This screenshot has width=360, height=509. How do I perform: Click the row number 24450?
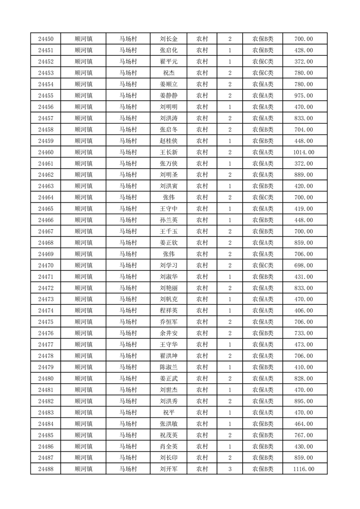pyautogui.click(x=46, y=39)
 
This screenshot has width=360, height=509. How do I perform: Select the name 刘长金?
pyautogui.click(x=169, y=39)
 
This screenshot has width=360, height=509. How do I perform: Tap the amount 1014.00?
pyautogui.click(x=304, y=152)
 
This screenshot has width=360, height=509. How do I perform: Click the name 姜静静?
pyautogui.click(x=169, y=96)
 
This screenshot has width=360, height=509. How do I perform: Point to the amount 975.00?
pyautogui.click(x=304, y=96)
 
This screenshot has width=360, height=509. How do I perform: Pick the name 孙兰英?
pyautogui.click(x=169, y=220)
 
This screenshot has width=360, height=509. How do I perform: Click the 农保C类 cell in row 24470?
pyautogui.click(x=263, y=265)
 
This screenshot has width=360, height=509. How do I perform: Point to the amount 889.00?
pyautogui.click(x=304, y=175)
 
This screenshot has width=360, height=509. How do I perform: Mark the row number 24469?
pyautogui.click(x=46, y=254)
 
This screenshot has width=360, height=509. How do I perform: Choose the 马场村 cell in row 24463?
pyautogui.click(x=128, y=186)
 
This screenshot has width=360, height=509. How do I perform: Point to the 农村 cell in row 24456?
pyautogui.click(x=202, y=107)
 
